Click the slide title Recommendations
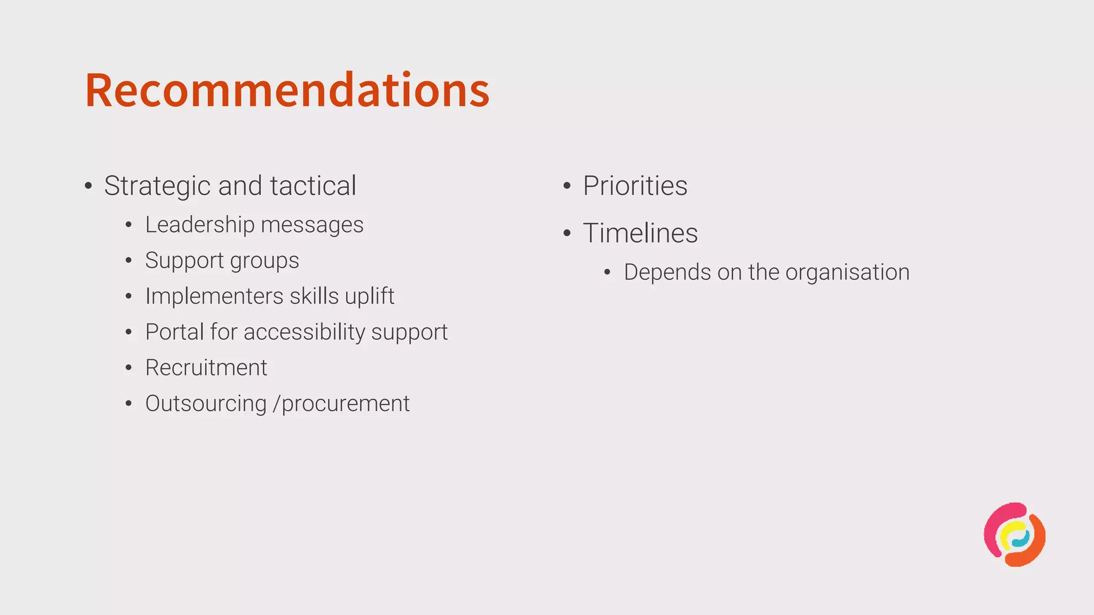coord(287,90)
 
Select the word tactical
coord(313,186)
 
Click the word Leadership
coord(200,225)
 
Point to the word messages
coord(312,225)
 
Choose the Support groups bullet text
coord(222,261)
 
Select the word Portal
coord(174,332)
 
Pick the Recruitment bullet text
coord(206,368)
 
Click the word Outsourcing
coord(206,404)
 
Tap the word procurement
coord(346,404)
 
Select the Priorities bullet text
coord(635,186)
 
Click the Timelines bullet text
coord(640,233)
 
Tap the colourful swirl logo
coord(1014,534)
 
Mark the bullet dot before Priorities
coord(567,186)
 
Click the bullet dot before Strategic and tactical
coord(89,186)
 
